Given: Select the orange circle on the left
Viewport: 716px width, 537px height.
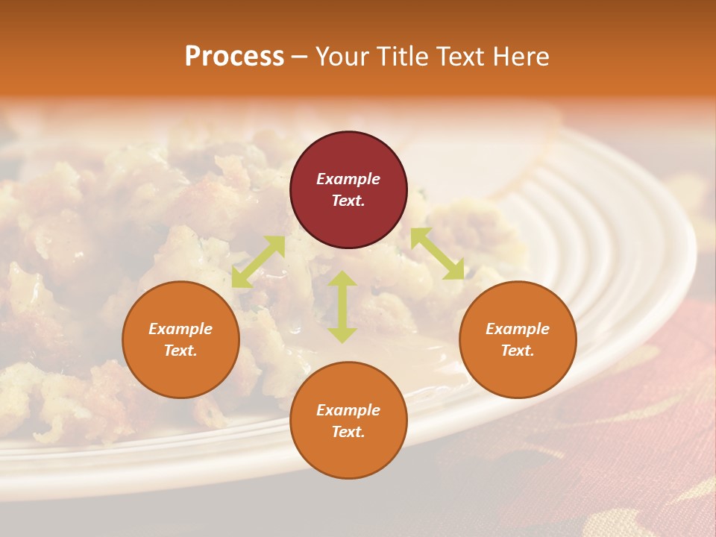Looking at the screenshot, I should pos(180,339).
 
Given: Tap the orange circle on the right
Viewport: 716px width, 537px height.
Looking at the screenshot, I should pos(518,339).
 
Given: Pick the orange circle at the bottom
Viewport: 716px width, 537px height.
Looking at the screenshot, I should pos(348,421).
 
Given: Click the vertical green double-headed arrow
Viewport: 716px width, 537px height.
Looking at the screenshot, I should pos(342,307).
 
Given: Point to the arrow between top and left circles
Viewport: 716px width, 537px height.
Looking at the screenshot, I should pos(258,262).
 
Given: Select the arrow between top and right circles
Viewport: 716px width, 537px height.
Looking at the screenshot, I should pos(437,254).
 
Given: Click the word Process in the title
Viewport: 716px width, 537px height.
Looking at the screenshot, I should pos(234,56).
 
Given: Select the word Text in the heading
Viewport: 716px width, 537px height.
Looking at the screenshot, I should pos(462,56).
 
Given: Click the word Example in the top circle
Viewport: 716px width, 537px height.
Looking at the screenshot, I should pos(348,179).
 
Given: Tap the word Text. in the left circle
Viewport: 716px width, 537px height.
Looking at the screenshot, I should pos(180,351).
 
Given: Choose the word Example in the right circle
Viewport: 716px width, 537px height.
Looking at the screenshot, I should pos(518,329).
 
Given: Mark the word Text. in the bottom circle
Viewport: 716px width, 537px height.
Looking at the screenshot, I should pos(348,432).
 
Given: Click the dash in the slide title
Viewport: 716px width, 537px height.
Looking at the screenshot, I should pos(299,57).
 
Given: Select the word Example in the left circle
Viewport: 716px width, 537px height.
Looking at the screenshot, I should pos(180,329).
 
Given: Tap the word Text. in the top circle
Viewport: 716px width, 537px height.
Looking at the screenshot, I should pos(348,201).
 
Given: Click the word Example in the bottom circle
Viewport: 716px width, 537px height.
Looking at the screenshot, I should pos(348,410).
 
